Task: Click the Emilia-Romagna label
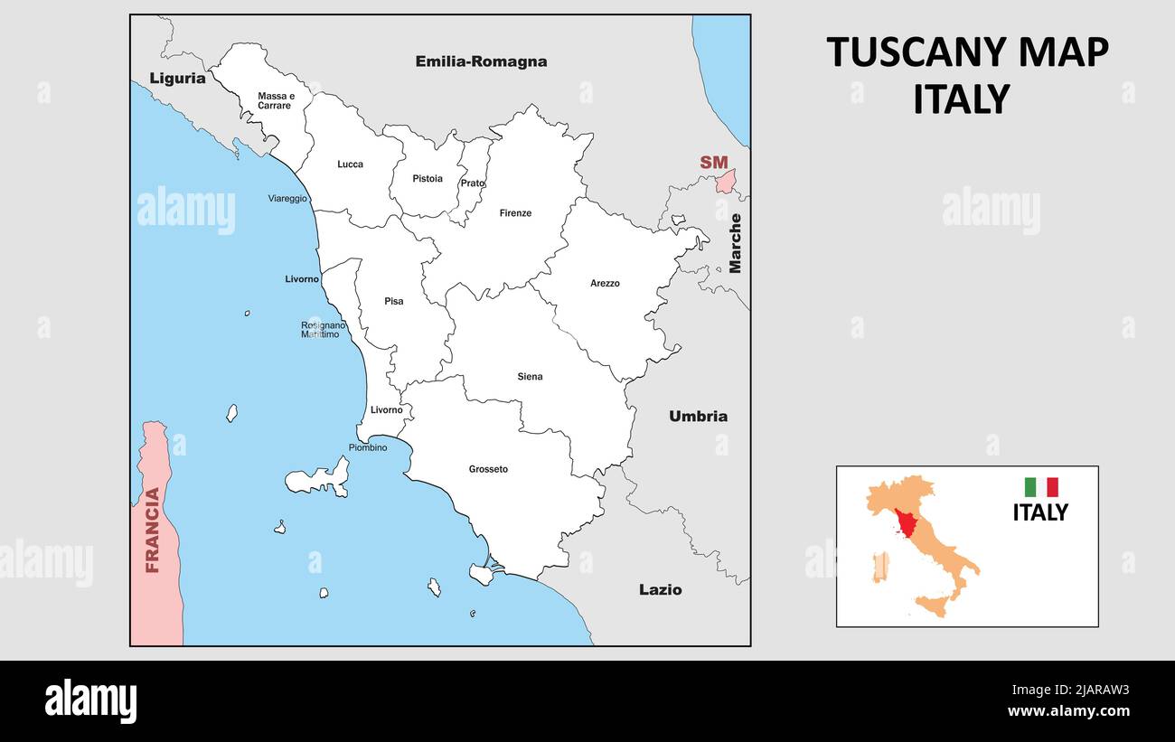pos(481,61)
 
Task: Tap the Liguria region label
pos(177,78)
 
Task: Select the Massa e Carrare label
pos(276,100)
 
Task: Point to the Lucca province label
pos(350,164)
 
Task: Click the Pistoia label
pos(428,179)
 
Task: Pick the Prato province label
pos(472,183)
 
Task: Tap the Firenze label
pos(515,213)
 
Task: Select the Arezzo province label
pos(605,284)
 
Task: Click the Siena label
pos(530,377)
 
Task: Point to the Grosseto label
pos(488,469)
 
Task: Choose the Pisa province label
pos(393,301)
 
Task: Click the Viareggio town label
pos(287,199)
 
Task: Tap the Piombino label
pos(367,447)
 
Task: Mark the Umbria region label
pos(698,417)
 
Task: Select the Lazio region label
pos(660,590)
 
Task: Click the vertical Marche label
pos(735,242)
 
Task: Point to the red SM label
pos(713,163)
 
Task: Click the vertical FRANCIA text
pos(153,530)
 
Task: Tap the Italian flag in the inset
pos(1040,487)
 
